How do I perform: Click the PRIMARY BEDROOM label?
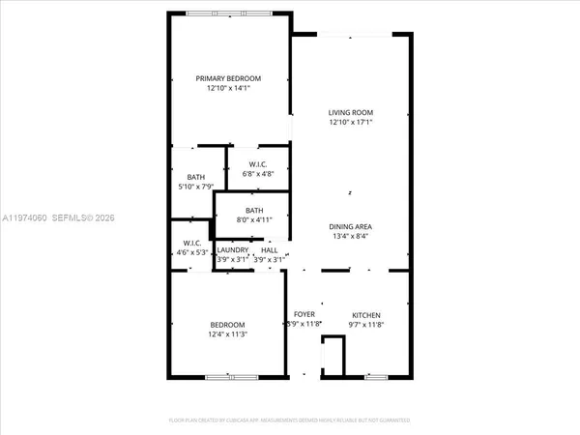(x=228, y=78)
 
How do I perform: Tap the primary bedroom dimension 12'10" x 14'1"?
(x=228, y=88)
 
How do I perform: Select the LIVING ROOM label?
(x=351, y=112)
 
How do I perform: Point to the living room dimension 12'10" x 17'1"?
(x=351, y=122)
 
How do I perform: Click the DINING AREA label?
(x=350, y=226)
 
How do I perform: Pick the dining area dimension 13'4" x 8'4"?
(x=350, y=236)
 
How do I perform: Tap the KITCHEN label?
(x=365, y=315)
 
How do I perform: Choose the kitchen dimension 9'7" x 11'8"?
(x=365, y=325)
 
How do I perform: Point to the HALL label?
(x=269, y=249)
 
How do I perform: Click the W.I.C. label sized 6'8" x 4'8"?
(x=257, y=164)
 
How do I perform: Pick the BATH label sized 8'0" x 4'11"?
(x=254, y=210)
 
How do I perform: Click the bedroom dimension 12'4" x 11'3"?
(x=228, y=334)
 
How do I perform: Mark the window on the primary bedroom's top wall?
(x=229, y=13)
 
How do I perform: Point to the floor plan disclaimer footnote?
(x=290, y=420)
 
